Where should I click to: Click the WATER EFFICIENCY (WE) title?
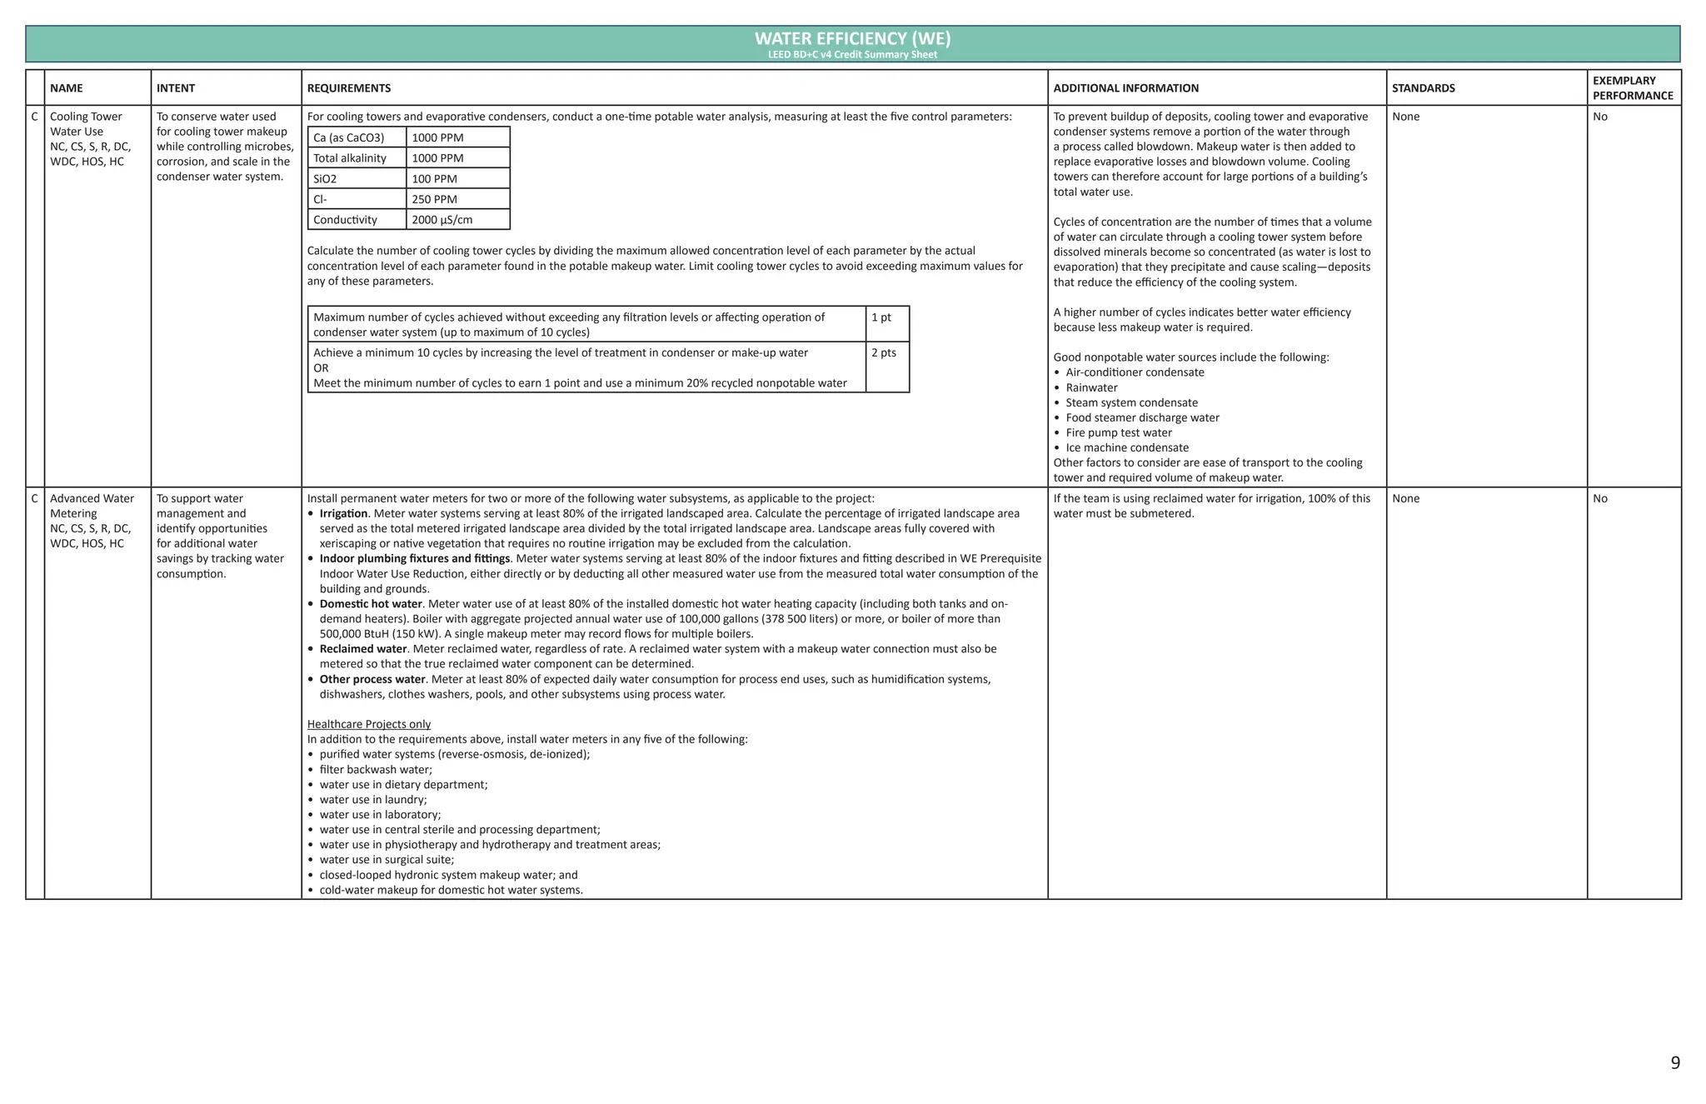(852, 38)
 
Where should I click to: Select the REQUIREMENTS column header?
(349, 88)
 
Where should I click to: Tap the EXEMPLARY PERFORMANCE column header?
(1632, 88)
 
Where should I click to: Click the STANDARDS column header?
(1423, 88)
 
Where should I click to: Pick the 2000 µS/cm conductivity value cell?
(441, 220)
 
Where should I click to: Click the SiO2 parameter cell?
(326, 179)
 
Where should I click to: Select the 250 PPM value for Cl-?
(434, 199)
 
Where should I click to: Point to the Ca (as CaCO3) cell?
(348, 138)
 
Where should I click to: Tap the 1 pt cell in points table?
(880, 317)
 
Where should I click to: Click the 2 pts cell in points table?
(883, 353)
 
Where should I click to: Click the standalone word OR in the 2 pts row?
(321, 368)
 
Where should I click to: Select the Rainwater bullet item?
(1091, 388)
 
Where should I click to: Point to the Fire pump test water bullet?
(1118, 433)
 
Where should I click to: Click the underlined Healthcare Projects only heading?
(368, 725)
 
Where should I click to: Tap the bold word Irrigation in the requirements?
(343, 514)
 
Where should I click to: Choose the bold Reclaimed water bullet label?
(362, 649)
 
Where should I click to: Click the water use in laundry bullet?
(372, 800)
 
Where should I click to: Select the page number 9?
(1674, 1063)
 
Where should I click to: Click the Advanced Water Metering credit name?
(92, 506)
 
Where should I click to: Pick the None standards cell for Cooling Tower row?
(1405, 117)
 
